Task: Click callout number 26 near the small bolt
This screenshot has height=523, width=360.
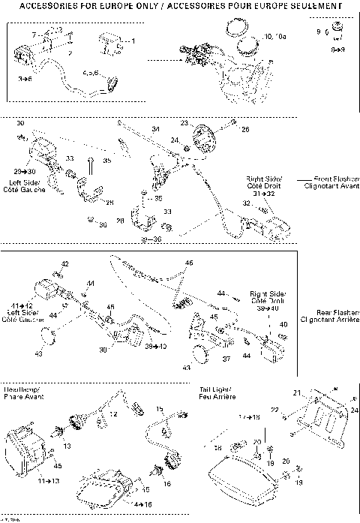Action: point(244,129)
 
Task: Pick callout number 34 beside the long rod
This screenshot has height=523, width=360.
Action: point(156,131)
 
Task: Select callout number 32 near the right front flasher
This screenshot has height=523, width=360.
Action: point(246,203)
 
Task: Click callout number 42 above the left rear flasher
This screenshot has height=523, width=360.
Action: point(64,264)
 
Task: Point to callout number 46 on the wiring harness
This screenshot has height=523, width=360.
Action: point(189,263)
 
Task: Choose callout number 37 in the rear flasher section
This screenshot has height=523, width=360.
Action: point(226,359)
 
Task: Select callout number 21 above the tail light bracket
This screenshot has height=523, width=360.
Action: point(295,393)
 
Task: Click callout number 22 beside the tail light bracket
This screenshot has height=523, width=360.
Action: point(275,409)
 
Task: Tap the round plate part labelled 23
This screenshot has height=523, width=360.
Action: point(202,140)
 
